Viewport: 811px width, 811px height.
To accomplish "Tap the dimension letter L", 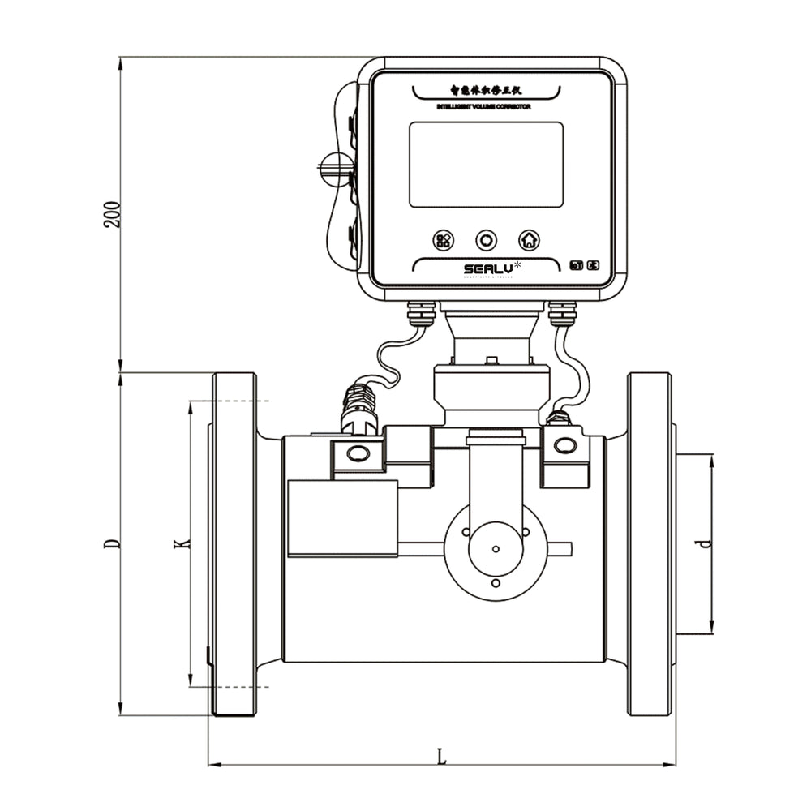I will coord(441,756).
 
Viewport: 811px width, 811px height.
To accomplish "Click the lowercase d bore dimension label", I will coord(705,543).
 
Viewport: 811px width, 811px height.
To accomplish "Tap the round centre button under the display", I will coord(486,240).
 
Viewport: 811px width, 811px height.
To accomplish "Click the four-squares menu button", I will coord(444,240).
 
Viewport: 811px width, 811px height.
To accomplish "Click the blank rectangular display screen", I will coord(486,165).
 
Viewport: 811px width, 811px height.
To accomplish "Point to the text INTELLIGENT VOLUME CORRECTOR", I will coord(483,107).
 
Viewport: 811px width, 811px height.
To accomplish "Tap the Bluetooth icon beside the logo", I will coord(594,265).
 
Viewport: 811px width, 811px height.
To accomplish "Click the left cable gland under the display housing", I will coord(422,311).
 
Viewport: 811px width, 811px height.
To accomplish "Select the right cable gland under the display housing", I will coord(562,311).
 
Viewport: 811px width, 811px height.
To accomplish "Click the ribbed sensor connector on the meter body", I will coord(358,405).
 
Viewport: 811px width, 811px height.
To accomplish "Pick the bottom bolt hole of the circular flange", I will coord(496,582).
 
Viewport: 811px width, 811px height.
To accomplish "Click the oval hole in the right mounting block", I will coord(565,445).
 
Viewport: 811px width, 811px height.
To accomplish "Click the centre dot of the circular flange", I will coord(496,547).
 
